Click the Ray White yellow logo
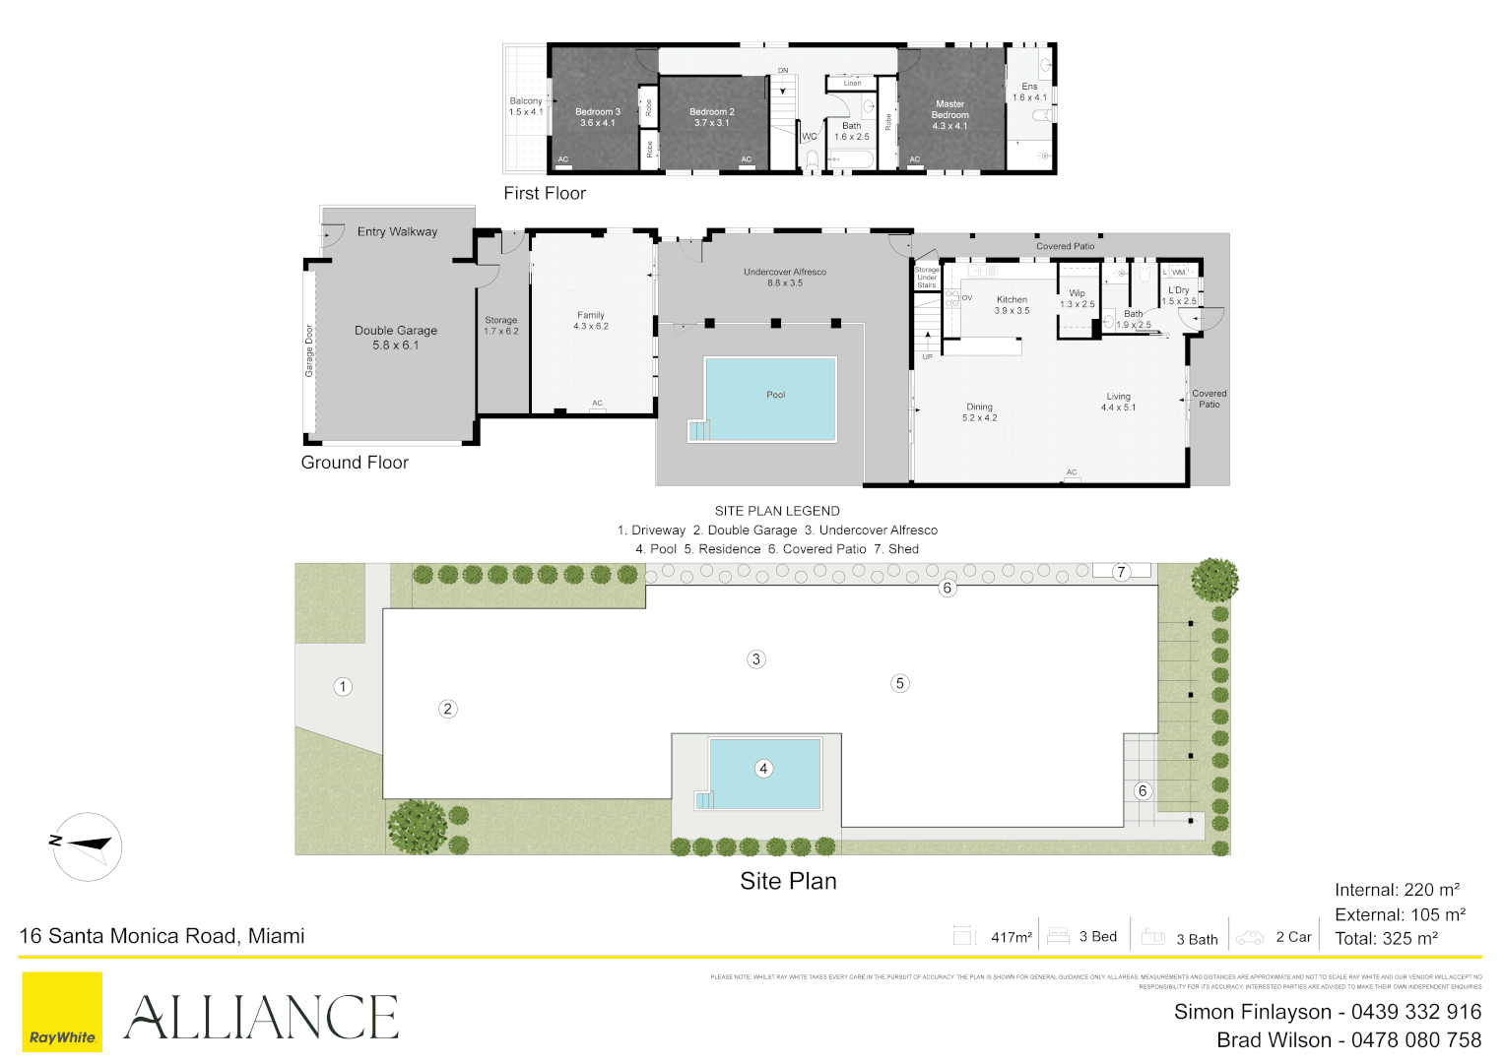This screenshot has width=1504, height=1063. pos(61,1012)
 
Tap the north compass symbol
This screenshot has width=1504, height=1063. pos(88,845)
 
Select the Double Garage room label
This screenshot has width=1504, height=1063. pos(396,338)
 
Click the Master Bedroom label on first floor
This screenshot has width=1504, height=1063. pos(949,114)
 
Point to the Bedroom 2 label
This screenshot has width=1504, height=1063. pos(711,117)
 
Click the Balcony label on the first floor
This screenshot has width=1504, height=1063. pos(526,106)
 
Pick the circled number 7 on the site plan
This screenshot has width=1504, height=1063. pos(1121,572)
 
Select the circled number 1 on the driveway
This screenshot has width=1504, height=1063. pos(343,687)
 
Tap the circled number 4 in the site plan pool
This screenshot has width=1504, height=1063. pos(763,769)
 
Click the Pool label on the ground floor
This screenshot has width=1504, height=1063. pos(776,395)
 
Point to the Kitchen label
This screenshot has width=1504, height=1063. pos(1012,304)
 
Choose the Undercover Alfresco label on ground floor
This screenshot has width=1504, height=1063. pos(785,277)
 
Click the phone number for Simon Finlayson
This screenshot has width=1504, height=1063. pos(1415,1012)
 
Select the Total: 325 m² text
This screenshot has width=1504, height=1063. pos(1386,939)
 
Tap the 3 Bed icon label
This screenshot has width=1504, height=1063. pos(1097,937)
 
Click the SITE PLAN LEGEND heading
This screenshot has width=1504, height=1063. pos(777,511)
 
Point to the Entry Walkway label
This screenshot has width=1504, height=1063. pos(397,232)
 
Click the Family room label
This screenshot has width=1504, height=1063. pos(591,320)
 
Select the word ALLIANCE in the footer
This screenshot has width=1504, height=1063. pos(261,1018)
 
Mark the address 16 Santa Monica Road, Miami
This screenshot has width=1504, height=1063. pos(163,936)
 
